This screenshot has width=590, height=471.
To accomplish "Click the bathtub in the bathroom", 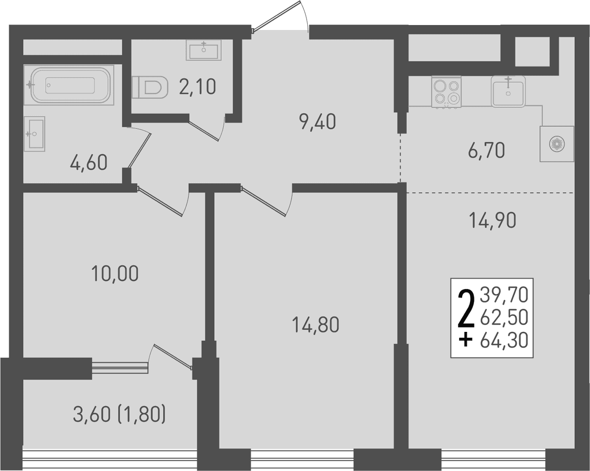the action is click(68, 85).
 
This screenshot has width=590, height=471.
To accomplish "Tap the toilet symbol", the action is click(149, 87).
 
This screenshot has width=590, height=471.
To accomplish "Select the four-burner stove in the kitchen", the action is click(446, 92).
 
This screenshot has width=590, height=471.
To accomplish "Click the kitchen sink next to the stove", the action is click(508, 91).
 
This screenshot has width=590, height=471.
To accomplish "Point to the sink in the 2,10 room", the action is click(204, 50).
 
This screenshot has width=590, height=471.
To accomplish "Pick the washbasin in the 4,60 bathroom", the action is click(34, 134).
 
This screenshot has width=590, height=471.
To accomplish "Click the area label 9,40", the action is click(318, 122).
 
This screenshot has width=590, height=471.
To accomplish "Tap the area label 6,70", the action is click(486, 150).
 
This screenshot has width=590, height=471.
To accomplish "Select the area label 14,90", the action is click(493, 221).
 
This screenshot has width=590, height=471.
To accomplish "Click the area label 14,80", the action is click(316, 325).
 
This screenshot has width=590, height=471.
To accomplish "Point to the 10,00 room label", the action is click(115, 274).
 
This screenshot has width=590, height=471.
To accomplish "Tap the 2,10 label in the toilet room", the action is click(197, 87).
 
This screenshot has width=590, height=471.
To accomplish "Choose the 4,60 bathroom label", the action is click(88, 163).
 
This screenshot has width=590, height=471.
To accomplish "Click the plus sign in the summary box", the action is click(466, 342).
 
